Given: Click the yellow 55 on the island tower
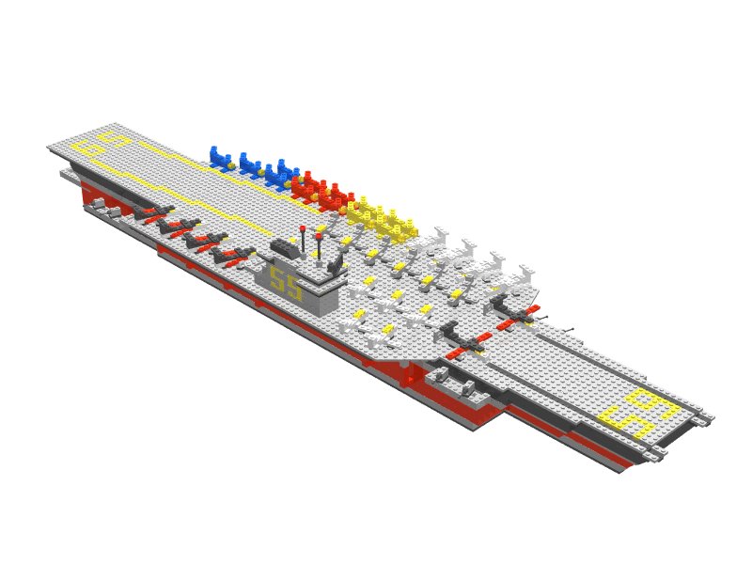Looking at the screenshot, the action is tap(286, 283).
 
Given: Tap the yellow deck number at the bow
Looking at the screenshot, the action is tap(641, 413).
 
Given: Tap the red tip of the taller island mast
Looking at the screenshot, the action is tap(303, 229).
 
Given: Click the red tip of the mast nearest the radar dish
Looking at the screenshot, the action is tap(319, 237).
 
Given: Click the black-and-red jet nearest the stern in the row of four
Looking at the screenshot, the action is tap(154, 212).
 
